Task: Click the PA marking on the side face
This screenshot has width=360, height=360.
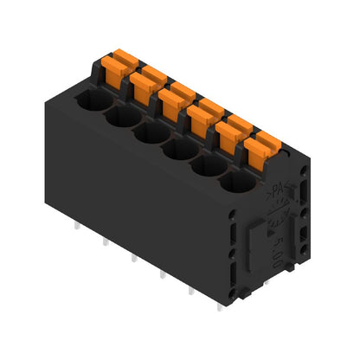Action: [278, 190]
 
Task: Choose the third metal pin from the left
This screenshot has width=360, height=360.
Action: [132, 257]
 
